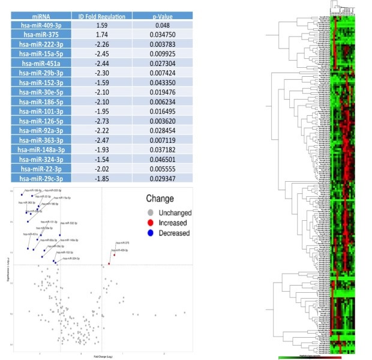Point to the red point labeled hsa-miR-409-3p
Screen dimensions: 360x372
pos(109,263)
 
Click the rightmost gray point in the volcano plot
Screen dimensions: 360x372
pos(184,312)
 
